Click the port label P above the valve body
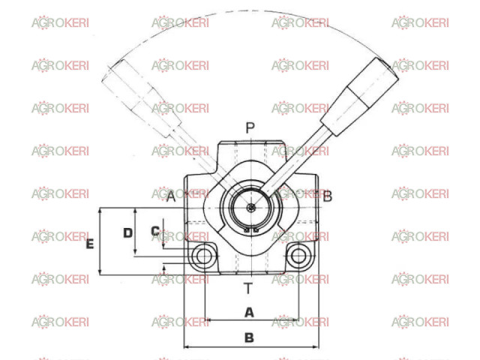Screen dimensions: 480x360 point(250,128)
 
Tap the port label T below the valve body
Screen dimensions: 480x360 point(248,288)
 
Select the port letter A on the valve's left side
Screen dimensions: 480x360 point(171,196)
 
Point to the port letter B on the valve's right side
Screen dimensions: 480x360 point(327,196)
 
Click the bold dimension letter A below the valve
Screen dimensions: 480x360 point(249,313)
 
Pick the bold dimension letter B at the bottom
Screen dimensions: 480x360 point(249,337)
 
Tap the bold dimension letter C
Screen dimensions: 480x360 point(155,230)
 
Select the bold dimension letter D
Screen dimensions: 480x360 point(127,233)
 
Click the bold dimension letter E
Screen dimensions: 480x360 point(90,244)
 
